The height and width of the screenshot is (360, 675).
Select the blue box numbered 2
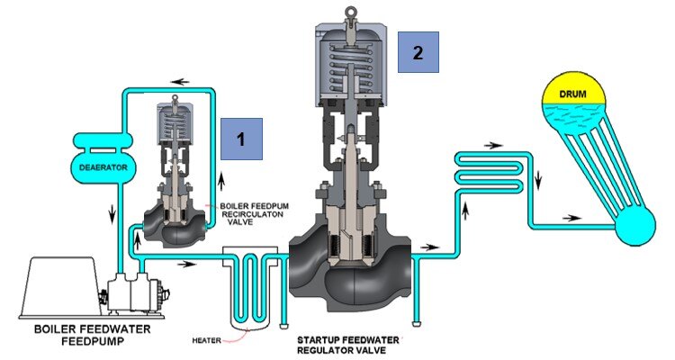coord(417,51)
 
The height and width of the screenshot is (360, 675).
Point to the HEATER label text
coord(211,339)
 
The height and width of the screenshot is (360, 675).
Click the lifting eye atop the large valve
coord(353,12)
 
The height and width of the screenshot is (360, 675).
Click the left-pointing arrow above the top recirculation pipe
coord(184,81)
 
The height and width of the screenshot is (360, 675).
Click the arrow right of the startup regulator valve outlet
coord(433,245)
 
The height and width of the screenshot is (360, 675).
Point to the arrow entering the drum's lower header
coord(571,218)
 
